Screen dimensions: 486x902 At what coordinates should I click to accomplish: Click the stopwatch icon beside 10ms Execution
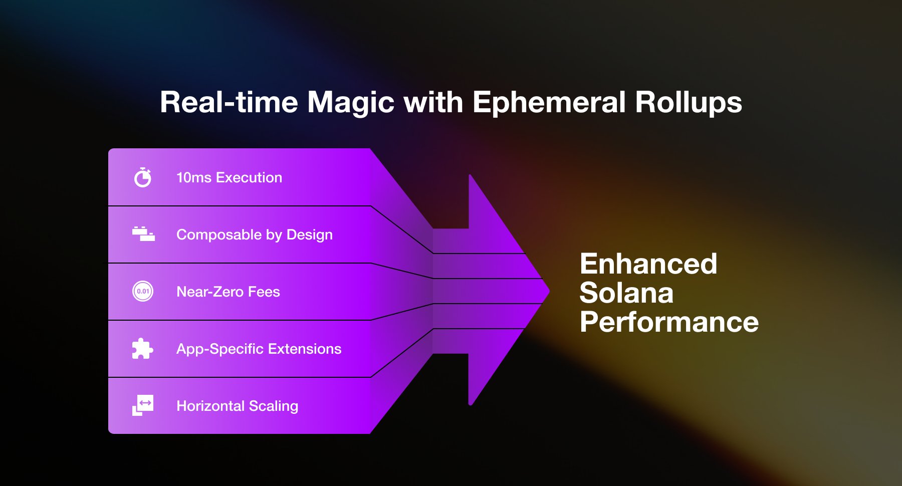coord(143,177)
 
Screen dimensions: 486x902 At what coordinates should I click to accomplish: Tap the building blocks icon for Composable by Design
coord(143,234)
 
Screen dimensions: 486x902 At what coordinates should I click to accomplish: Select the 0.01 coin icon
coord(143,291)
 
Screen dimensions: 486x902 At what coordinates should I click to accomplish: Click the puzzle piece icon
coord(142,348)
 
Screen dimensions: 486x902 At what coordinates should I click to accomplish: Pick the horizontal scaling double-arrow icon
coord(143,405)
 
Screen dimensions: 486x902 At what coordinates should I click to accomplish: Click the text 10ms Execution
coord(229,178)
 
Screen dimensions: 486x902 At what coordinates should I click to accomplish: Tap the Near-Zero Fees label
coord(228,292)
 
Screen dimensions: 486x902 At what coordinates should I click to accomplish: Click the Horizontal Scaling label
coord(237,406)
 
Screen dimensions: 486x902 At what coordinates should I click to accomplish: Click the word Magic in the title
coord(351,103)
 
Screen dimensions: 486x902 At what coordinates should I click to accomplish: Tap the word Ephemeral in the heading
coord(549,103)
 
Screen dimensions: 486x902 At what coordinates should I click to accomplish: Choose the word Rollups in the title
coord(688,103)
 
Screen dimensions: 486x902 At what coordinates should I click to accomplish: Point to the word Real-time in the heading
coord(229,103)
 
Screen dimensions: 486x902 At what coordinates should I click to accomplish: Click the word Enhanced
coord(648,264)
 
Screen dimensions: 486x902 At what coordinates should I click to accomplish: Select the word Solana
coord(626,293)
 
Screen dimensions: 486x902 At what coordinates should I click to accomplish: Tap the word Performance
coord(669,322)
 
